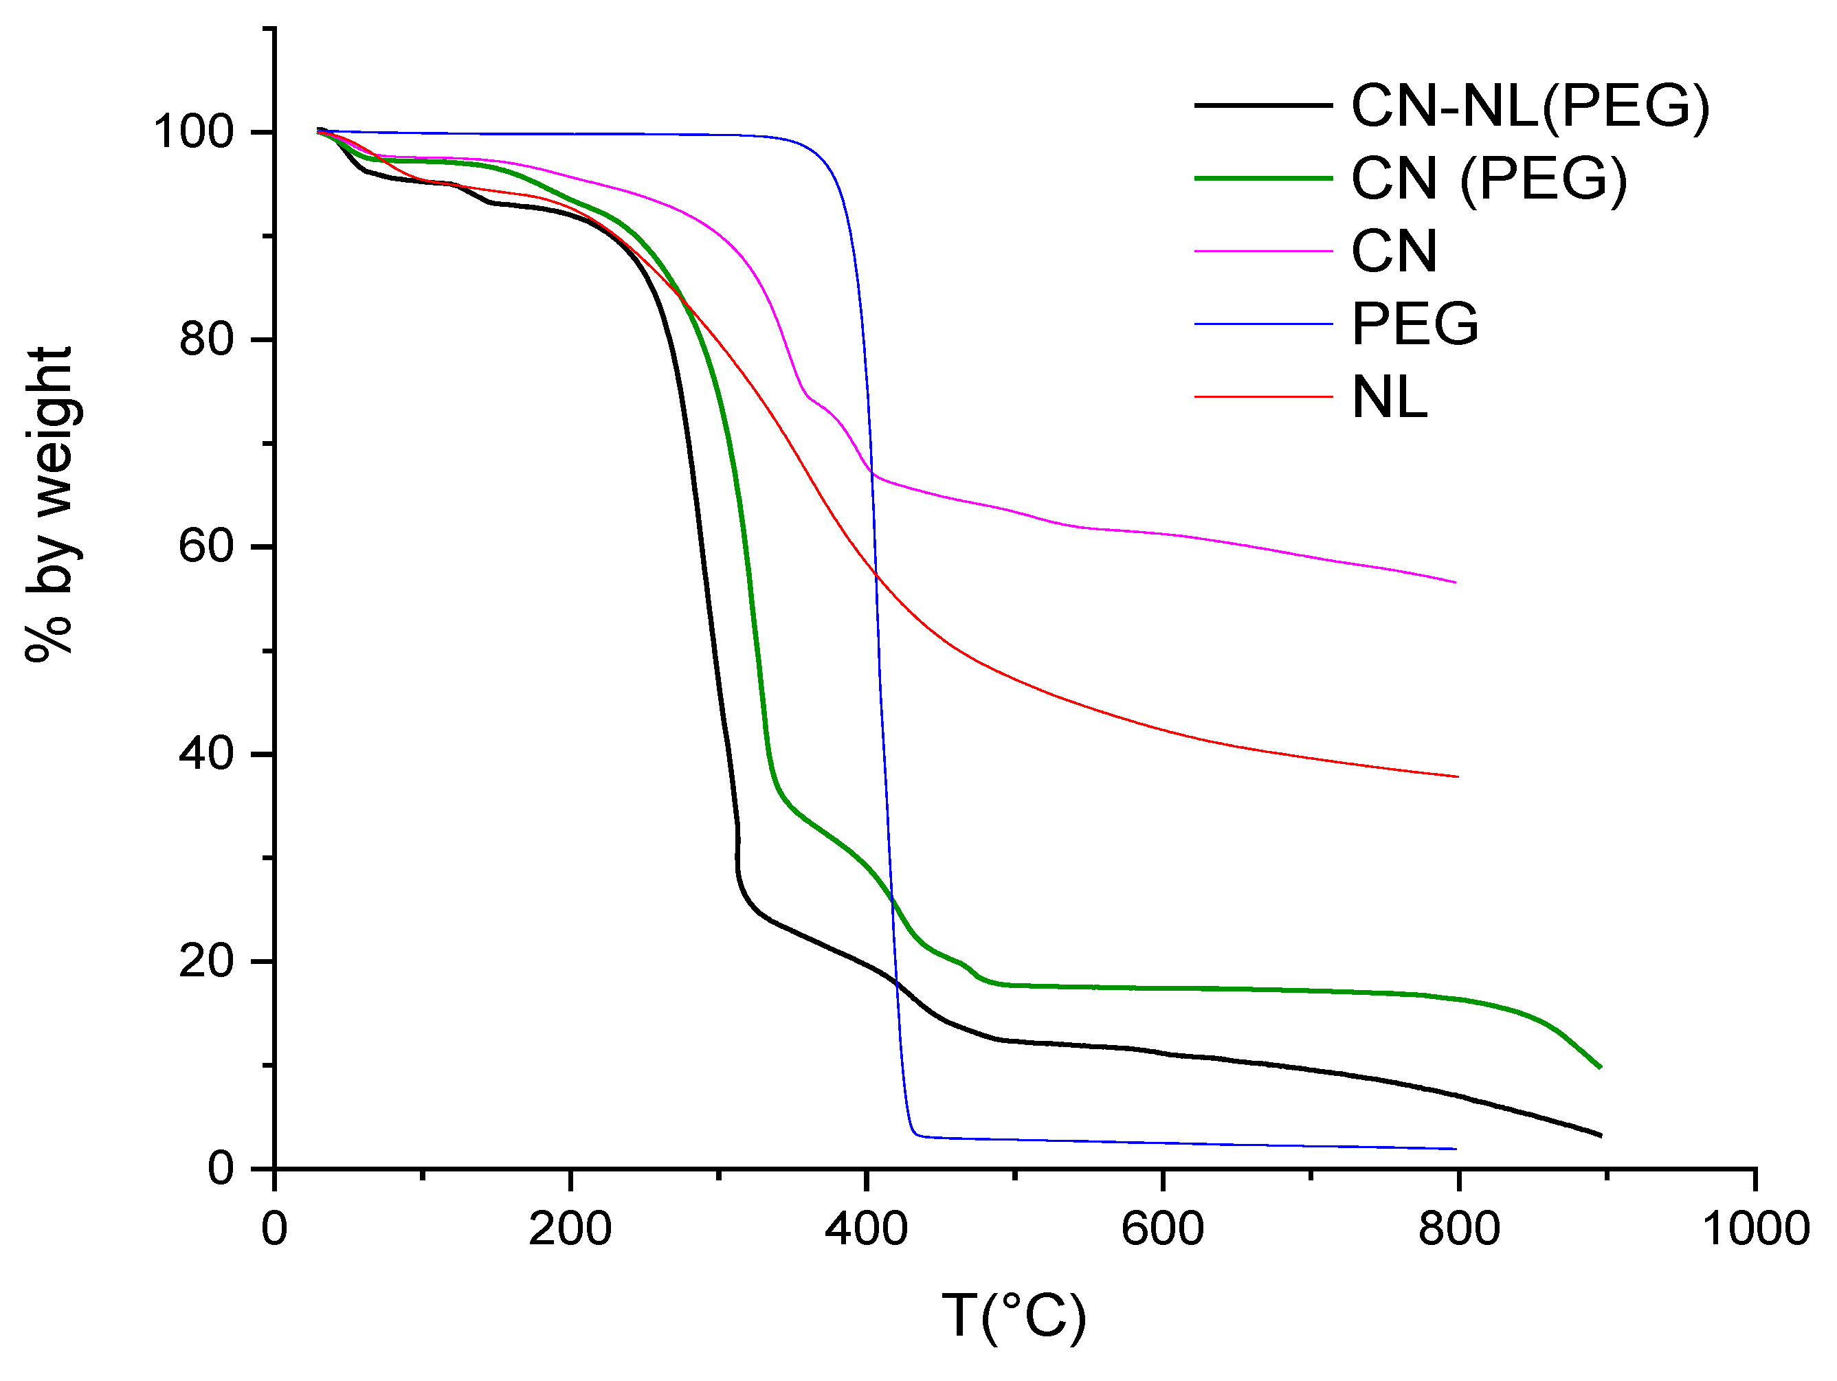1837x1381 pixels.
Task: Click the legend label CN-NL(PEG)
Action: point(1530,106)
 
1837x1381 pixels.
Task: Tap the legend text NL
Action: point(1390,398)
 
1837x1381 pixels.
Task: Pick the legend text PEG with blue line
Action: point(1414,324)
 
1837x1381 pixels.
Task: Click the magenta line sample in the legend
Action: point(1262,251)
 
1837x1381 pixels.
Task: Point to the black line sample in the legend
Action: point(1262,105)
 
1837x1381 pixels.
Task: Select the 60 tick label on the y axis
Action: point(205,546)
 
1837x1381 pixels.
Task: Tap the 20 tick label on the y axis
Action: point(205,961)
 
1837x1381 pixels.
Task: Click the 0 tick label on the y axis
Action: point(221,1169)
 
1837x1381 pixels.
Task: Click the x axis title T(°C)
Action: point(1013,1316)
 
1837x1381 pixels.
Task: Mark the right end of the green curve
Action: point(1599,1067)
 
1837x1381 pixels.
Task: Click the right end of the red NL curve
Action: point(1458,776)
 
